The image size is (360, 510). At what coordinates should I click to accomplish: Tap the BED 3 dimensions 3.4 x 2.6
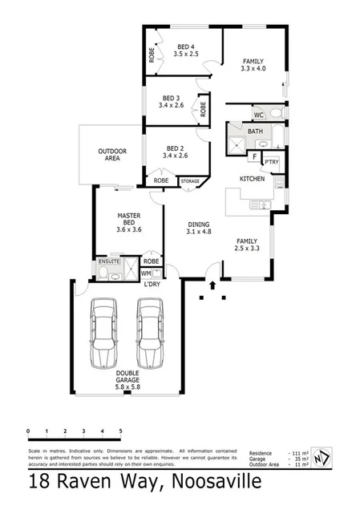(x=172, y=105)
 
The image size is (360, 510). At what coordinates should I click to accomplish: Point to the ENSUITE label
(x=108, y=261)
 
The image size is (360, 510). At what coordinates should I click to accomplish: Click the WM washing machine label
(x=146, y=273)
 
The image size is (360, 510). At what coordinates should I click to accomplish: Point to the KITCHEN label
(x=253, y=178)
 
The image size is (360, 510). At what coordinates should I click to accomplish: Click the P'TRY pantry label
(x=271, y=161)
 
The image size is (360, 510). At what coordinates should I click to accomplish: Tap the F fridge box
(x=254, y=157)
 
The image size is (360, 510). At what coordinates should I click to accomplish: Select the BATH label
(x=255, y=131)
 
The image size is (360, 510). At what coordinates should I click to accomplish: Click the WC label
(x=258, y=115)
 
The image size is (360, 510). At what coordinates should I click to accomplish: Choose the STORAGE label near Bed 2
(x=190, y=182)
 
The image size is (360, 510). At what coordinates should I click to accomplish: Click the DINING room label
(x=197, y=225)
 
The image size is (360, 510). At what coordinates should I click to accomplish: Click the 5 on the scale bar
(x=120, y=431)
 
